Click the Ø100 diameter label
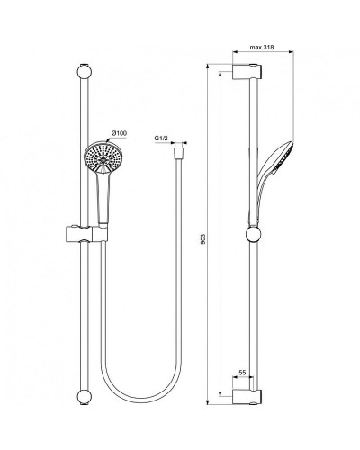click(120, 132)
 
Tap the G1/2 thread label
click(162, 138)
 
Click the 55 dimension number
click(243, 371)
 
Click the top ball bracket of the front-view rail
click(84, 71)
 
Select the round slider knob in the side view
click(254, 236)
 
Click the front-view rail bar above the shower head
click(84, 108)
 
